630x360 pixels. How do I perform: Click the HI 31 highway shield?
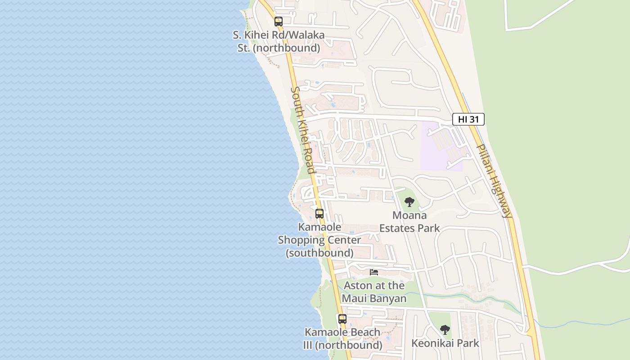click(468, 119)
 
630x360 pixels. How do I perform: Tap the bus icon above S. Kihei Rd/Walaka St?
click(279, 21)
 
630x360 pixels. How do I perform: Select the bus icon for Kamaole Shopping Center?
click(319, 214)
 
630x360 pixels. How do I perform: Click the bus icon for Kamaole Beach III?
click(342, 319)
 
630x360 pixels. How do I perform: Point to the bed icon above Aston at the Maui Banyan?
click(374, 272)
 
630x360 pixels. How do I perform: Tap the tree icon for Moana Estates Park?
click(409, 202)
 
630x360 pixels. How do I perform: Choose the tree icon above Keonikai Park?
click(445, 330)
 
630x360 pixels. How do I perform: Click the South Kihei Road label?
click(302, 130)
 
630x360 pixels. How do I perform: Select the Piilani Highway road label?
click(494, 181)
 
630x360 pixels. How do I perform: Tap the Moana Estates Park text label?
click(409, 222)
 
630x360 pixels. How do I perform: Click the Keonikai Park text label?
click(445, 343)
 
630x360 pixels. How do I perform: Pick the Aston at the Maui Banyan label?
click(374, 292)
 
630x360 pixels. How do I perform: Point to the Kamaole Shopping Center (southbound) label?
click(319, 240)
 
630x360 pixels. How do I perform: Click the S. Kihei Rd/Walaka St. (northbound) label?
click(279, 41)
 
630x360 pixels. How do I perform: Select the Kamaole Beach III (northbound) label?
click(342, 339)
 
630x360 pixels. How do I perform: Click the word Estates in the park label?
click(396, 228)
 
